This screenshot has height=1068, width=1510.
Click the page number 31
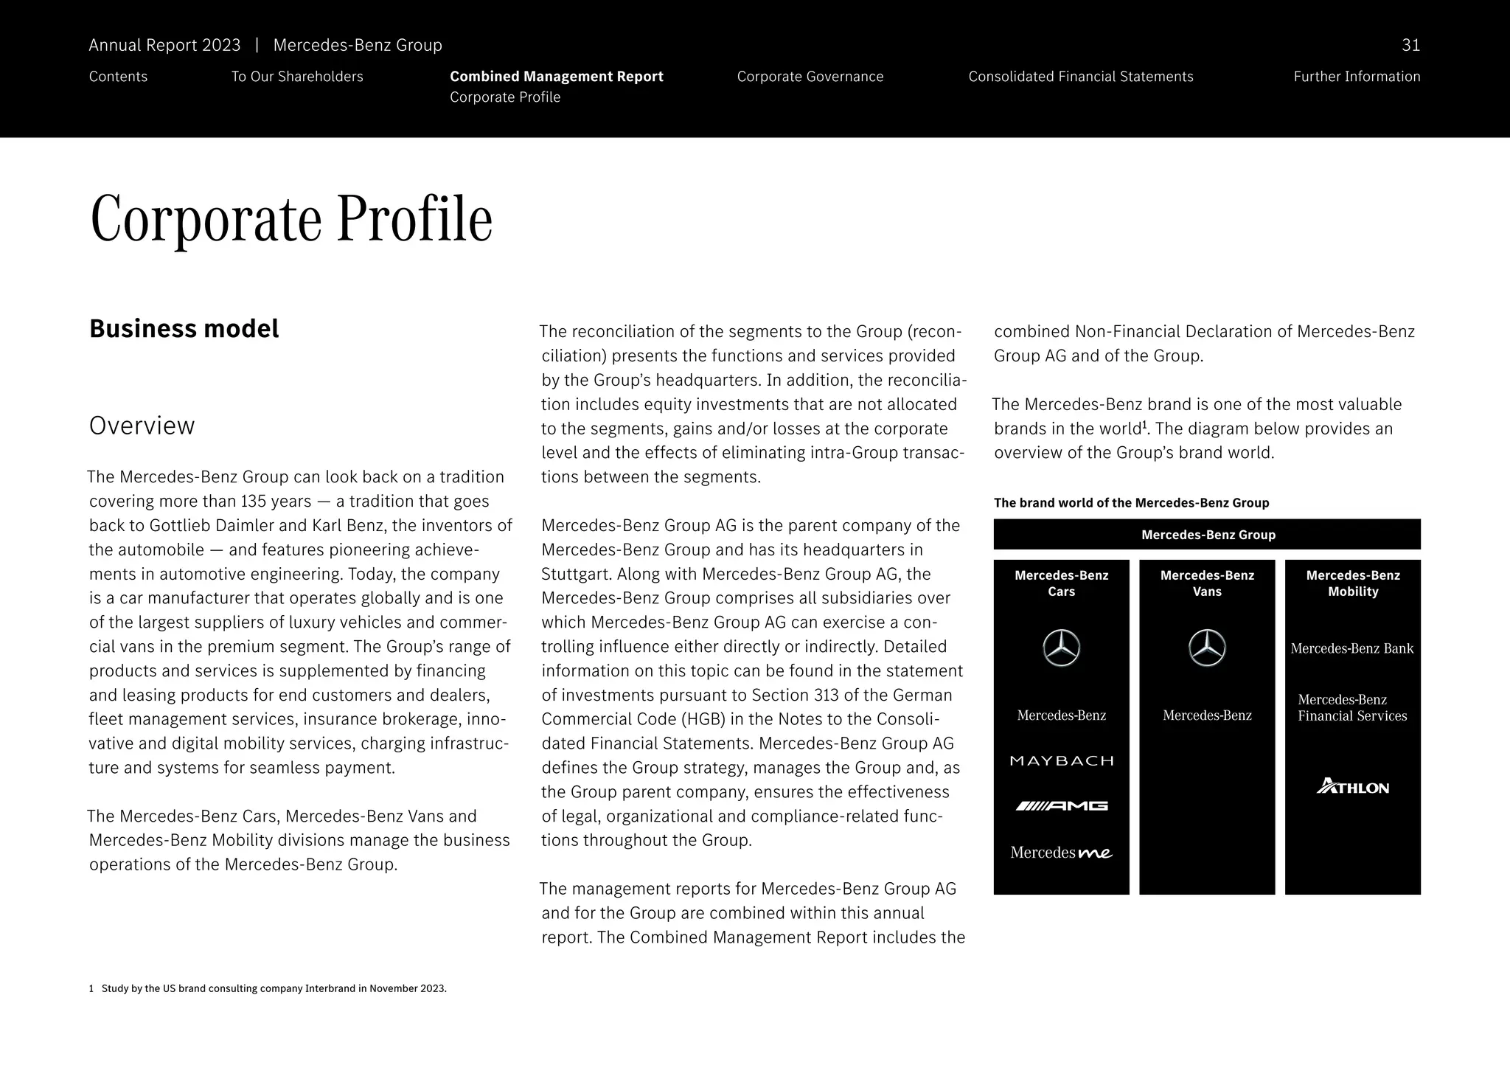(1410, 46)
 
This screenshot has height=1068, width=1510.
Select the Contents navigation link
(118, 77)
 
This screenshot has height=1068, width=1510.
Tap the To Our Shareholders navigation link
(297, 77)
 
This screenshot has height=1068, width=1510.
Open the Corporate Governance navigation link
(810, 77)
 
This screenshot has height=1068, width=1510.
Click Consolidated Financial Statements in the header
(1080, 77)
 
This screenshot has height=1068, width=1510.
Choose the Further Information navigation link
(1356, 77)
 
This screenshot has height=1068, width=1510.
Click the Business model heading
(184, 329)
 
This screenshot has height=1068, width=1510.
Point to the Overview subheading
(142, 426)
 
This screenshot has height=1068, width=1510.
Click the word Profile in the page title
(414, 219)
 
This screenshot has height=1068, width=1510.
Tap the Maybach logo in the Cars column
(1061, 761)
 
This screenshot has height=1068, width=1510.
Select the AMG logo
(1061, 806)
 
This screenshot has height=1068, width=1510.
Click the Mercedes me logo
(1061, 853)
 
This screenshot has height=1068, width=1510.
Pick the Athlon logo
(1352, 787)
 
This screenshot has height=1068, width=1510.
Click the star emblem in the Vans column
(1207, 649)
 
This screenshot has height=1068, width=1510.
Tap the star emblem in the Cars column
(1061, 649)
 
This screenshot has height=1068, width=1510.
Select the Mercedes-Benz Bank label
(1352, 649)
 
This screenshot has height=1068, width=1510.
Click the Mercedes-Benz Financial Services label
(1352, 708)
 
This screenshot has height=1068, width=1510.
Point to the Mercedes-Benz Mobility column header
(1352, 583)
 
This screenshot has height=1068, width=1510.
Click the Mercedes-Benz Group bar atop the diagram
(1207, 535)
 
